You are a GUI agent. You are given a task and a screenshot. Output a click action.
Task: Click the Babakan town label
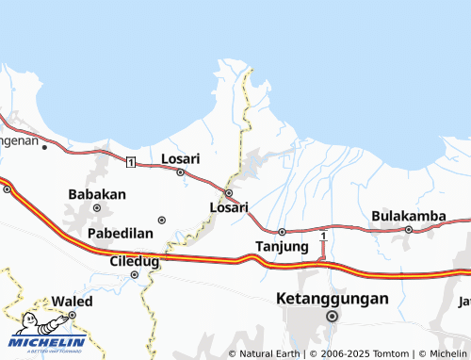pos(97,194)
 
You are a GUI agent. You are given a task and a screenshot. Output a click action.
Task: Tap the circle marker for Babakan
pos(96,207)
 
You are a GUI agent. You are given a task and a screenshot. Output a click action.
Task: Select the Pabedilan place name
pos(120,233)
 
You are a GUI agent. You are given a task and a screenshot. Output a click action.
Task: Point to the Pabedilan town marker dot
pos(161,220)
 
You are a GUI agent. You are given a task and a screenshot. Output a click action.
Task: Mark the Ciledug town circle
pos(134,275)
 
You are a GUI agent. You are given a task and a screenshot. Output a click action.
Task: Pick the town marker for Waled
pos(73,316)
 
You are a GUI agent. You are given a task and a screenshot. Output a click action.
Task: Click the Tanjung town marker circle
pos(282,232)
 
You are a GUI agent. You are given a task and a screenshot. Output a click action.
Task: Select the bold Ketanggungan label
pos(333,299)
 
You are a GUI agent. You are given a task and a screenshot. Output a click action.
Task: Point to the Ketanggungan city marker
pos(332,317)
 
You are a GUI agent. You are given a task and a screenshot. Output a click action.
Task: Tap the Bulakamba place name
pos(409,216)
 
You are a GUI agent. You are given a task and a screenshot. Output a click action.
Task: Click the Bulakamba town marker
pos(409,229)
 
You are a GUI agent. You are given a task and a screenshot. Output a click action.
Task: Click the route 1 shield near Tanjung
pos(323,235)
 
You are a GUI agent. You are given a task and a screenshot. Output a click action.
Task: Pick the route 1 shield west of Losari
pos(131,163)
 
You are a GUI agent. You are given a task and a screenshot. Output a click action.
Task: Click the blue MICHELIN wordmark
pos(48,342)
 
